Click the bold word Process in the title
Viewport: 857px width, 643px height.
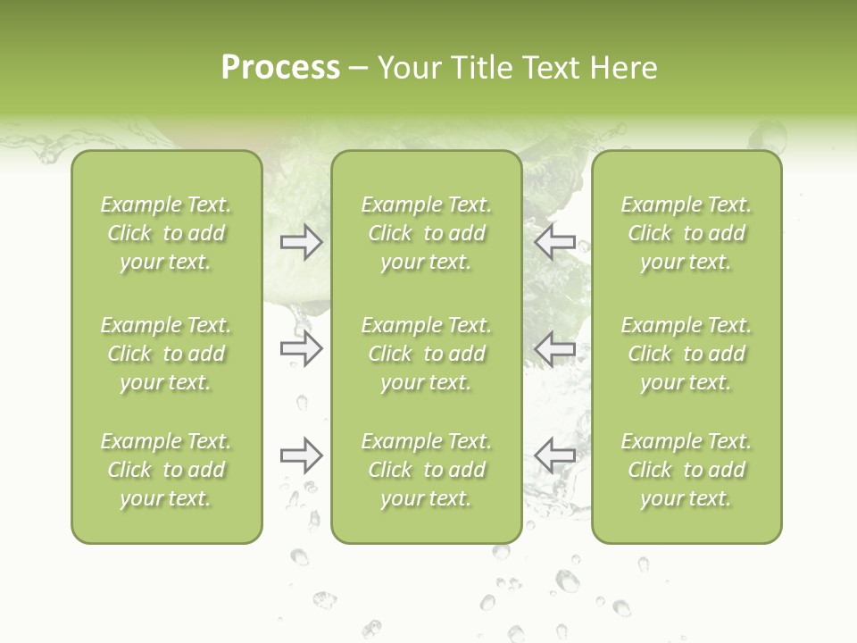point(280,68)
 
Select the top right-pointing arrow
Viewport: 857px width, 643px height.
point(301,242)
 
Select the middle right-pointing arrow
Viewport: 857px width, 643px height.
point(301,348)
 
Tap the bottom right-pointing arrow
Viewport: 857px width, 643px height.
point(301,456)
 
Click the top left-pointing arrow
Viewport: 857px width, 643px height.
point(555,242)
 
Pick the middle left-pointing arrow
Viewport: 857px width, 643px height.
point(555,348)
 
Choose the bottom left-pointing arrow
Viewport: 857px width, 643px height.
point(555,456)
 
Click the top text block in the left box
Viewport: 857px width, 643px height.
point(166,233)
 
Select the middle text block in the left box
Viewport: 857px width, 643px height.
point(166,354)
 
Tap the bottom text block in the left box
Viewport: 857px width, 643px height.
point(166,470)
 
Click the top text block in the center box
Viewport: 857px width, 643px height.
point(426,233)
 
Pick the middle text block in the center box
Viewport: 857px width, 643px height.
point(426,354)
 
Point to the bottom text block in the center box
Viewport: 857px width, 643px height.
point(426,470)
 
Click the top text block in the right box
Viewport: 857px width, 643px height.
point(686,233)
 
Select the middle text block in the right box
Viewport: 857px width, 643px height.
point(686,354)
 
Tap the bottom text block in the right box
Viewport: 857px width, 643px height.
point(686,470)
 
